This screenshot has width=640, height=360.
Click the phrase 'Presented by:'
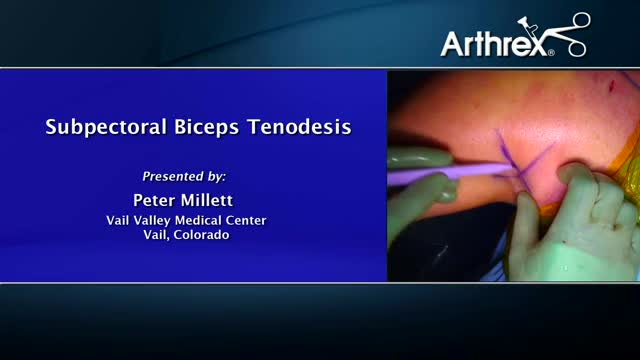pos(185,176)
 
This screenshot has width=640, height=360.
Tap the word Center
pos(248,220)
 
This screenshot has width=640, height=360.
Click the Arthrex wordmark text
pos(492,43)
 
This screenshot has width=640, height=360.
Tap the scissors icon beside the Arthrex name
pos(567,35)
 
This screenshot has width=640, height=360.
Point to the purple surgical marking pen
pos(440,175)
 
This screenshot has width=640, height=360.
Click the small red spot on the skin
pos(605,81)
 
